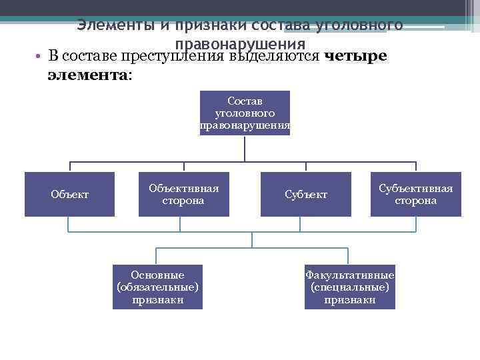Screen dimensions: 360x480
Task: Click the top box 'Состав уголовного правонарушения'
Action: pyautogui.click(x=245, y=113)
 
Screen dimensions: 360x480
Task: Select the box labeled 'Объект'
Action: pyautogui.click(x=69, y=194)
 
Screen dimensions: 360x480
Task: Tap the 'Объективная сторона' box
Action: pyautogui.click(x=183, y=194)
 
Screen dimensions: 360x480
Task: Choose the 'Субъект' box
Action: pyautogui.click(x=306, y=194)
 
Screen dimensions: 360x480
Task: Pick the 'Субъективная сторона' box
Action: pyautogui.click(x=415, y=194)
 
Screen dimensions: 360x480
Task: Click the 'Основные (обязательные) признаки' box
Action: pyautogui.click(x=157, y=287)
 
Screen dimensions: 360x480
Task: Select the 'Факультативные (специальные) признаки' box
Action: pyautogui.click(x=349, y=287)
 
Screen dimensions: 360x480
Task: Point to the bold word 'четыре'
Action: pyautogui.click(x=354, y=55)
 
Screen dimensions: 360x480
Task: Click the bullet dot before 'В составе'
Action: pyautogui.click(x=41, y=55)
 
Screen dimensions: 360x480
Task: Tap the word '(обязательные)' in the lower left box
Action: pyautogui.click(x=157, y=287)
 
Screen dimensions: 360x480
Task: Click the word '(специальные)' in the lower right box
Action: pyautogui.click(x=349, y=287)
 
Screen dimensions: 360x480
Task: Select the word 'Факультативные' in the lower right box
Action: pyautogui.click(x=349, y=274)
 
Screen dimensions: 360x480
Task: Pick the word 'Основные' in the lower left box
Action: pyautogui.click(x=157, y=274)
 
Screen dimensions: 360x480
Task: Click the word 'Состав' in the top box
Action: pyautogui.click(x=245, y=101)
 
